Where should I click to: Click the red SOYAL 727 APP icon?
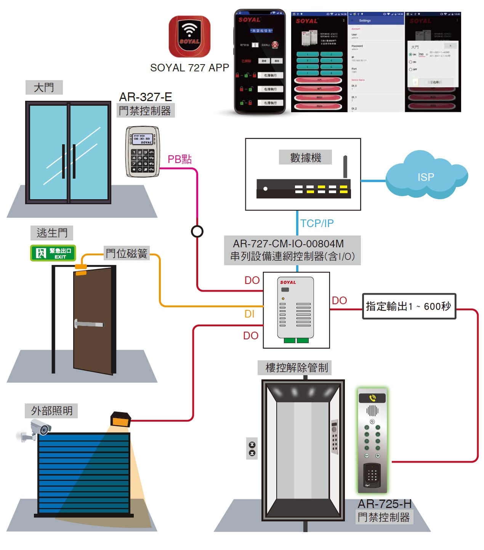pyautogui.click(x=189, y=37)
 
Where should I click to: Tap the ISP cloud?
pyautogui.click(x=426, y=177)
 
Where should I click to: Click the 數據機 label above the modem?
pyautogui.click(x=305, y=157)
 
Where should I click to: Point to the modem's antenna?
pyautogui.click(x=345, y=167)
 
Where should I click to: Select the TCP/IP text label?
pyautogui.click(x=317, y=223)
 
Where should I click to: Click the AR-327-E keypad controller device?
pyautogui.click(x=143, y=152)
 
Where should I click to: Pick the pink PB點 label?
pyautogui.click(x=179, y=159)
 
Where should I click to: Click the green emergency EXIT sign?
pyautogui.click(x=53, y=253)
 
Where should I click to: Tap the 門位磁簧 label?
pyautogui.click(x=127, y=253)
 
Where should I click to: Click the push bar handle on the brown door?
pyautogui.click(x=90, y=324)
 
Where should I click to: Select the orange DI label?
pyautogui.click(x=249, y=314)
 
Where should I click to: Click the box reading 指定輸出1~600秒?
pyautogui.click(x=409, y=306)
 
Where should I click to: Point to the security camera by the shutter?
pyautogui.click(x=36, y=430)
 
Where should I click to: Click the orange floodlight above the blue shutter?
pyautogui.click(x=120, y=419)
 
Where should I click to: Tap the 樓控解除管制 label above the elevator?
pyautogui.click(x=296, y=368)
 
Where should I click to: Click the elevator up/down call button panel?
pyautogui.click(x=252, y=449)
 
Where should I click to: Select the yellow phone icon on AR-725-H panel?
pyautogui.click(x=372, y=398)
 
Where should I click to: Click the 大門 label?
pyautogui.click(x=44, y=87)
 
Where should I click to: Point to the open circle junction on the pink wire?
pyautogui.click(x=197, y=231)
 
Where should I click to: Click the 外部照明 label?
pyautogui.click(x=51, y=411)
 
